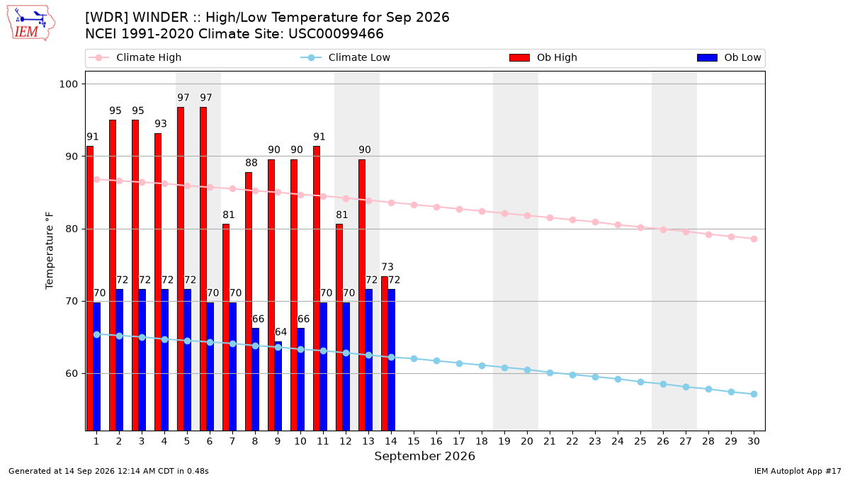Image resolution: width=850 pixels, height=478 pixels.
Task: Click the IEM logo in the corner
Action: point(31,23)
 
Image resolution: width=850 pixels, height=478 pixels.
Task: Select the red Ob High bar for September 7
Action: point(226,327)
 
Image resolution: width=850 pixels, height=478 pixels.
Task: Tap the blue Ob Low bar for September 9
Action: point(278,386)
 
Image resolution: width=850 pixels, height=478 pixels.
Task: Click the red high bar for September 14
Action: point(385,353)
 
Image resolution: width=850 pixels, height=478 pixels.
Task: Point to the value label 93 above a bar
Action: point(161,124)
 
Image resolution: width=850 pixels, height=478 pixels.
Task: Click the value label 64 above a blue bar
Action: point(280,332)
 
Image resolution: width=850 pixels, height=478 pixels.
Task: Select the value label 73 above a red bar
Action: point(387,267)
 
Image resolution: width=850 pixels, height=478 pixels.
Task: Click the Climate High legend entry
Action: point(135,57)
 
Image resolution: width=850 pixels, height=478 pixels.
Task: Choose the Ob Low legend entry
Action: point(729,57)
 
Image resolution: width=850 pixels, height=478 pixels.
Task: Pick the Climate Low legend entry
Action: point(346,57)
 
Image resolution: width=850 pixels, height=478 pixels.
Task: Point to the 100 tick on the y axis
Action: point(68,84)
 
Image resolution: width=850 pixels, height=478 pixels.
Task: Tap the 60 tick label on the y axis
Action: point(72,374)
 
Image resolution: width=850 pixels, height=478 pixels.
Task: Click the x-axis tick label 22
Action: point(572,441)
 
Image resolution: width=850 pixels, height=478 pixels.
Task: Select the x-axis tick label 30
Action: point(754,441)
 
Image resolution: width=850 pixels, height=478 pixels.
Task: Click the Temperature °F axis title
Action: point(50,251)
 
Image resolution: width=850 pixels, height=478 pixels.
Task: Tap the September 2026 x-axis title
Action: point(424,456)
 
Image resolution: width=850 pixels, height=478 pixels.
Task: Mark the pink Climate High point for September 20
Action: point(527,215)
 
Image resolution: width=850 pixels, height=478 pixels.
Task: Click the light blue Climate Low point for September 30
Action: point(754,394)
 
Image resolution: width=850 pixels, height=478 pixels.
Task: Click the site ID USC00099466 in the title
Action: point(336,34)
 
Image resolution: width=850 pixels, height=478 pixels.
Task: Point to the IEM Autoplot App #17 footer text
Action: point(798,471)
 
